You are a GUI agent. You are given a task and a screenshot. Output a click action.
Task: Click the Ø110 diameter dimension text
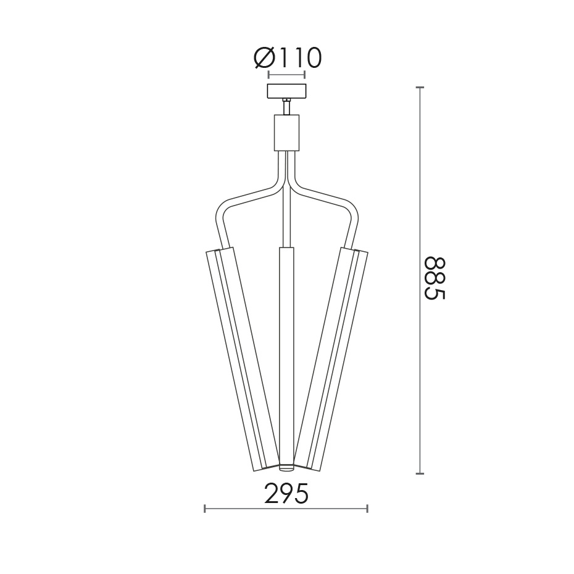pos(288,58)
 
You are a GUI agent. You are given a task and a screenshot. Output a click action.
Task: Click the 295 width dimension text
pos(286,494)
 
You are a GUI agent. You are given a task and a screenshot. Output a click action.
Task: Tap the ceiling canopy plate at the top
pos(286,91)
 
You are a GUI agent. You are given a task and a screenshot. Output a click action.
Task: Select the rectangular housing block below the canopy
pos(286,132)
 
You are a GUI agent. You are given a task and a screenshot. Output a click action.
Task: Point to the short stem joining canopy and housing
pos(286,107)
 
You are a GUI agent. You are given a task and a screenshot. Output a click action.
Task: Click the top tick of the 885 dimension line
pos(420,88)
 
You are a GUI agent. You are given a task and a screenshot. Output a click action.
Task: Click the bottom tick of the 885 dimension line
pos(420,473)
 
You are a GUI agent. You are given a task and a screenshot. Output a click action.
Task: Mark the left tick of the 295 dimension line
pos(205,509)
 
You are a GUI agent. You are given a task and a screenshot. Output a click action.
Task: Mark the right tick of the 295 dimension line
pos(368,509)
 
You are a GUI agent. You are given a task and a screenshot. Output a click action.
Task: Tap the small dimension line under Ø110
pos(286,75)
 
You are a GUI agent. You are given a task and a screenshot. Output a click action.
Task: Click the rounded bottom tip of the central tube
pos(286,466)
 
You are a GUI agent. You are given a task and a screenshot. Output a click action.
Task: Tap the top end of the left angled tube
pos(220,250)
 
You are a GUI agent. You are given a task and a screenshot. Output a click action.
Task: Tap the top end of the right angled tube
pos(353,250)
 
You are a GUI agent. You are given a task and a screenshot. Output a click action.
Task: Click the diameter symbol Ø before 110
pos(264,58)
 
